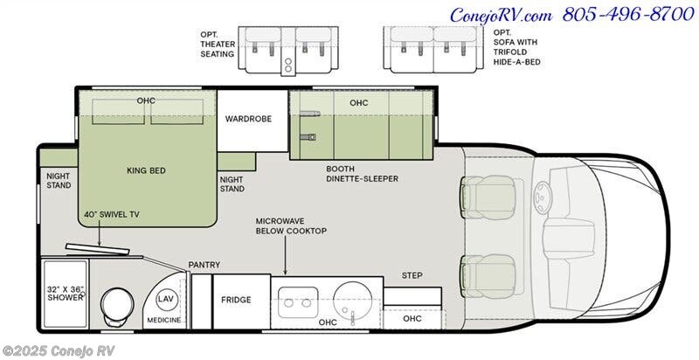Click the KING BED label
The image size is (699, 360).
pyautogui.click(x=146, y=170)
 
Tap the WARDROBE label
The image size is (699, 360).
pyautogui.click(x=248, y=119)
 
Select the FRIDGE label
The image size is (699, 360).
pyautogui.click(x=236, y=300)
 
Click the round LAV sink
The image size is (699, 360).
pyautogui.click(x=167, y=300)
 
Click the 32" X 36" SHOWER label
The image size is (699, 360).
pyautogui.click(x=66, y=294)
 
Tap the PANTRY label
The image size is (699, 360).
pyautogui.click(x=204, y=265)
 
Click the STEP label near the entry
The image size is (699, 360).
pyautogui.click(x=412, y=275)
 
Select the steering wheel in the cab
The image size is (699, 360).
pyautogui.click(x=542, y=198)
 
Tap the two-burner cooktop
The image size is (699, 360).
pyautogui.click(x=298, y=302)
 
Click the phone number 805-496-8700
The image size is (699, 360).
pyautogui.click(x=628, y=15)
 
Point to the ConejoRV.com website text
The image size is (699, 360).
pyautogui.click(x=502, y=15)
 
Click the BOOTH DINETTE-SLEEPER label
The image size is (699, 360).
pyautogui.click(x=362, y=174)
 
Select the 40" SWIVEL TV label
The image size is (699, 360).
pyautogui.click(x=112, y=215)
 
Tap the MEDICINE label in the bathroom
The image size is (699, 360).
pyautogui.click(x=164, y=320)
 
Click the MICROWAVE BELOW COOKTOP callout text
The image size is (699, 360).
pyautogui.click(x=291, y=226)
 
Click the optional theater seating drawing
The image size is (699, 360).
pyautogui.click(x=288, y=51)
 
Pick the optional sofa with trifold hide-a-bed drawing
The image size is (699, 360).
pyautogui.click(x=433, y=50)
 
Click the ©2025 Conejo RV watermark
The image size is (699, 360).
pyautogui.click(x=59, y=350)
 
